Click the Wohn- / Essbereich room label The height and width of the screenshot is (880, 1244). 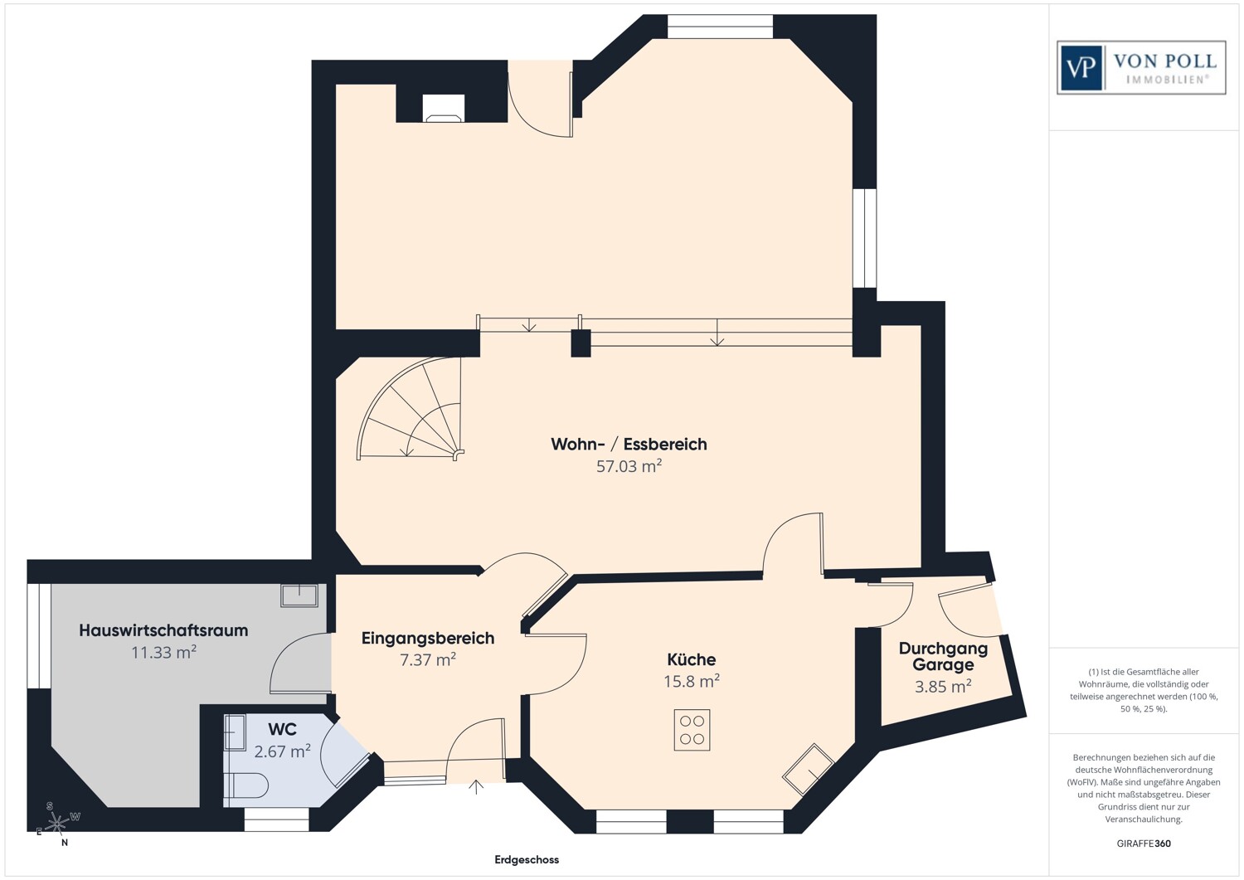[x=629, y=444]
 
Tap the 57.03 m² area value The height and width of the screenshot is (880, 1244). [x=629, y=466]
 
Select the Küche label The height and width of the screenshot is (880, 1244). [x=691, y=659]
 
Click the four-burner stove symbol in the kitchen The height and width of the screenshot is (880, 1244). [x=692, y=731]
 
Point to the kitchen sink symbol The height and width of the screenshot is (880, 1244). [x=809, y=770]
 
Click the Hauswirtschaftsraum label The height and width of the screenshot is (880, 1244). [x=163, y=630]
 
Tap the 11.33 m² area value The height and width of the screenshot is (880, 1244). [x=163, y=653]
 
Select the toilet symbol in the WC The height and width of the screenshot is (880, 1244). [x=246, y=785]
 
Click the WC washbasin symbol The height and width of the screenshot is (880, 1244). [x=235, y=732]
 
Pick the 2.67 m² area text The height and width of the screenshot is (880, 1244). [x=282, y=751]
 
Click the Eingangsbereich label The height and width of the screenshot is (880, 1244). [x=428, y=638]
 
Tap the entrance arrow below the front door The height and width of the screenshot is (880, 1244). [x=476, y=786]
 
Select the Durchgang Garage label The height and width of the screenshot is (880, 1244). [x=943, y=656]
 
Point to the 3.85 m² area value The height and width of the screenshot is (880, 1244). [x=943, y=687]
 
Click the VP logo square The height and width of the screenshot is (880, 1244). [x=1081, y=67]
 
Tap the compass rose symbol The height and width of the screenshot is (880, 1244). [x=56, y=823]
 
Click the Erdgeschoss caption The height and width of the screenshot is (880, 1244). [x=527, y=860]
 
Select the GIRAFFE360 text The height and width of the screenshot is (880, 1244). [x=1144, y=844]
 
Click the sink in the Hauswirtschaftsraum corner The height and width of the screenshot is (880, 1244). [x=299, y=596]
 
